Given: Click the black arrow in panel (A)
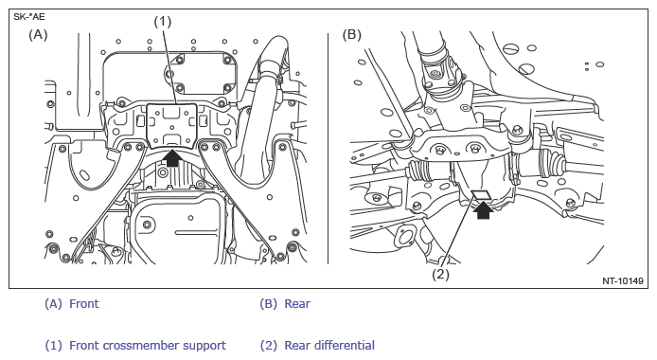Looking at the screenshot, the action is click(171, 158).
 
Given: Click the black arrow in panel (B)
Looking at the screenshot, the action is click(483, 210).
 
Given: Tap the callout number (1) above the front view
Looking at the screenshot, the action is click(163, 22).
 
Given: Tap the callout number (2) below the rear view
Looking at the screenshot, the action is click(440, 275).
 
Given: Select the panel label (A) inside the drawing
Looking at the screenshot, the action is click(38, 34).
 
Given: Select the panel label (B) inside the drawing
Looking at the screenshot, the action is click(352, 34).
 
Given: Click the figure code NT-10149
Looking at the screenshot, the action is click(623, 280).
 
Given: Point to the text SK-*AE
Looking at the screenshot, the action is click(29, 17).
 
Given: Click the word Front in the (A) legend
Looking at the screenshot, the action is click(84, 303).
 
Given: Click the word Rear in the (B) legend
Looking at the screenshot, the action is click(297, 303).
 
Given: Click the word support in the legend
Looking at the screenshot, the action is click(209, 346).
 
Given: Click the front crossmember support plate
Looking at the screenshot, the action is click(171, 126).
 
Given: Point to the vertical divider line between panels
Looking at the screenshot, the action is click(328, 149).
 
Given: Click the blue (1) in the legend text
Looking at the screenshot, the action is click(53, 346).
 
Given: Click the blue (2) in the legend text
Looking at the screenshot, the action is click(269, 346).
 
